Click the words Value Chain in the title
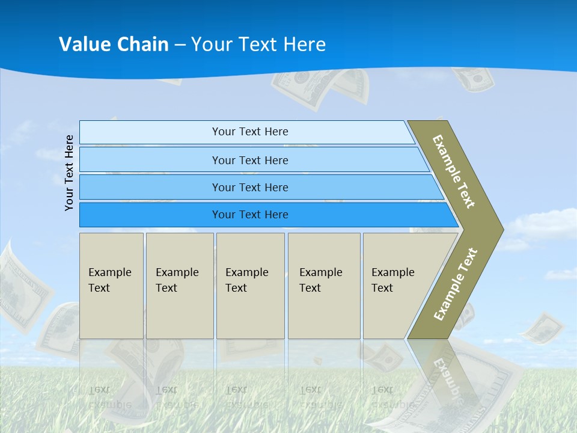point(114,45)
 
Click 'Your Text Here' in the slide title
point(258,45)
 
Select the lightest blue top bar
point(249,132)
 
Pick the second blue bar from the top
point(249,160)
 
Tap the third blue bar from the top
point(249,187)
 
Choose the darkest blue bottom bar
point(249,215)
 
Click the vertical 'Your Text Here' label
point(69,173)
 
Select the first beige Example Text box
point(111,286)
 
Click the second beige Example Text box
point(179,286)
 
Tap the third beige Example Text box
point(250,286)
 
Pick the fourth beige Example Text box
point(323,286)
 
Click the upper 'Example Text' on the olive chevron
point(454,171)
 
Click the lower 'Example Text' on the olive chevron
point(455,284)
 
